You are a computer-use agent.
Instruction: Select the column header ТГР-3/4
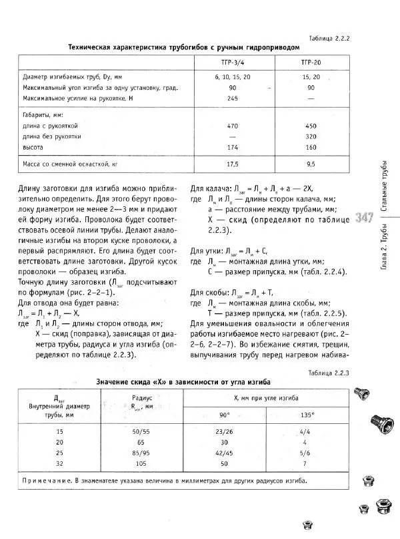(x=233, y=63)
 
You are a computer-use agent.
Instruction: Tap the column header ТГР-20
(x=311, y=63)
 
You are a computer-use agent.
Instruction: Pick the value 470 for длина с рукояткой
(x=233, y=125)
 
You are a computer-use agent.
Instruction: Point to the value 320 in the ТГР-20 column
(x=311, y=136)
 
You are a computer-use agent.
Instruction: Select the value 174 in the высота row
(x=233, y=146)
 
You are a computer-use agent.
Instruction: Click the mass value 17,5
(x=233, y=164)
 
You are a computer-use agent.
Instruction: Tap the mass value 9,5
(x=311, y=164)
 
